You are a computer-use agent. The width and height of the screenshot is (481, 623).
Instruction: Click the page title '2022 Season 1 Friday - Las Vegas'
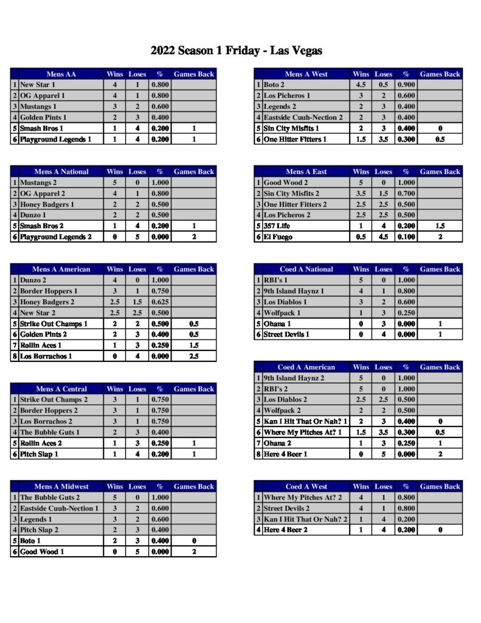click(x=236, y=50)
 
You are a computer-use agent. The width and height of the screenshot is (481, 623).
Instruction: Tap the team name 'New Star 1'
click(x=38, y=85)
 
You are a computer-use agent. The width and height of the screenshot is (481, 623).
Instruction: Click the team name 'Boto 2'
click(x=275, y=85)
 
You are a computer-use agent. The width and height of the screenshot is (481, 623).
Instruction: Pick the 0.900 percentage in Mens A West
click(x=406, y=85)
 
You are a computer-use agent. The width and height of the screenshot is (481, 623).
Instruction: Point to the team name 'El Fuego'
click(x=278, y=237)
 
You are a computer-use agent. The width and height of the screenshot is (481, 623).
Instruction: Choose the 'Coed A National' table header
click(x=306, y=270)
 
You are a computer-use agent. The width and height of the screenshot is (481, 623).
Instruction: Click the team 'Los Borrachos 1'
click(x=46, y=357)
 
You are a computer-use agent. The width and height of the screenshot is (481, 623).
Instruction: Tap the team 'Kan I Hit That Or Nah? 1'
click(x=305, y=421)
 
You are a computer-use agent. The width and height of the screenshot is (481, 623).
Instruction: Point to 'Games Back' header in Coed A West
click(x=440, y=487)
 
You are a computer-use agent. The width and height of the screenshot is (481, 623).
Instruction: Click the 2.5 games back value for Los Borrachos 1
click(x=194, y=357)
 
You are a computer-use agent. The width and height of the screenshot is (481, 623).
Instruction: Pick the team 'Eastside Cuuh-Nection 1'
click(x=59, y=509)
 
